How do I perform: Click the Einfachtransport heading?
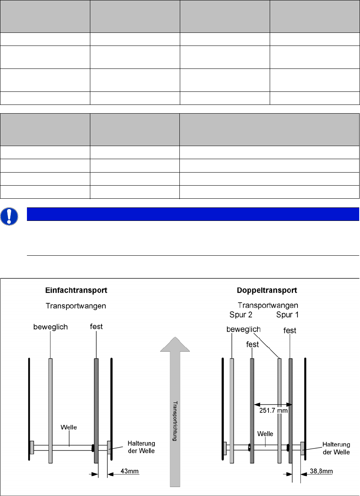click(76, 291)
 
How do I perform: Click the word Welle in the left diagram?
click(69, 427)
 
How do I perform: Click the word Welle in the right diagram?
click(265, 433)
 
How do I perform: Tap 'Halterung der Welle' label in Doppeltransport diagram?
click(336, 448)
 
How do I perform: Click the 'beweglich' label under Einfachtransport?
click(51, 327)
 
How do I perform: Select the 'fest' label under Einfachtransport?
click(96, 327)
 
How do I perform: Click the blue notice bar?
click(192, 214)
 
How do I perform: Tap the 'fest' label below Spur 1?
click(290, 330)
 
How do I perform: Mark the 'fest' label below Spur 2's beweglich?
click(253, 344)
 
